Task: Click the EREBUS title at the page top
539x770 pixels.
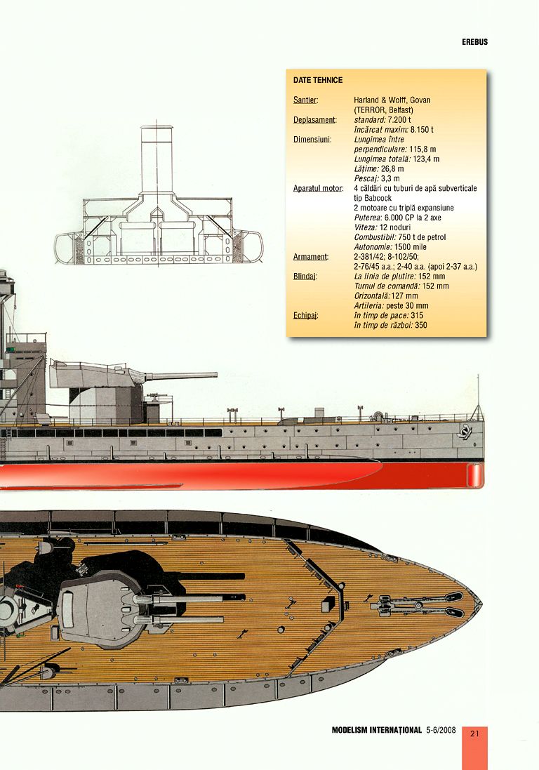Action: pos(474,41)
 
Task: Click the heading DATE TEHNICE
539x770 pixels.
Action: pos(318,80)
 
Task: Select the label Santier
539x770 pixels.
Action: pos(305,100)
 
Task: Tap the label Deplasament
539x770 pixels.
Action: pos(314,119)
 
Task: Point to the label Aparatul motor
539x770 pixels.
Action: pos(318,188)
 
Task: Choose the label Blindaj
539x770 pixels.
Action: pos(305,277)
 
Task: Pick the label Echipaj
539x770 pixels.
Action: pos(305,316)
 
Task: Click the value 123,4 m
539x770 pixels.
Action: pos(426,159)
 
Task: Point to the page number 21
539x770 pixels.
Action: pos(474,734)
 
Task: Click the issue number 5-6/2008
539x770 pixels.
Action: pos(441,730)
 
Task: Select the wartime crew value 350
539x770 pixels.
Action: pos(421,326)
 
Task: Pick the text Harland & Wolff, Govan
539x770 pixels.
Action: pos(392,100)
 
